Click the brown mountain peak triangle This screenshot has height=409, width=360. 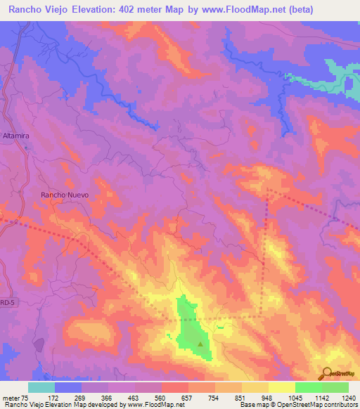(x=200, y=344)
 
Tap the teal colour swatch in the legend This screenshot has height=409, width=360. (x=41, y=387)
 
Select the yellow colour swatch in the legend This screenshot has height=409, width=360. (x=281, y=387)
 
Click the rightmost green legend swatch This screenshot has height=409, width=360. (x=335, y=387)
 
